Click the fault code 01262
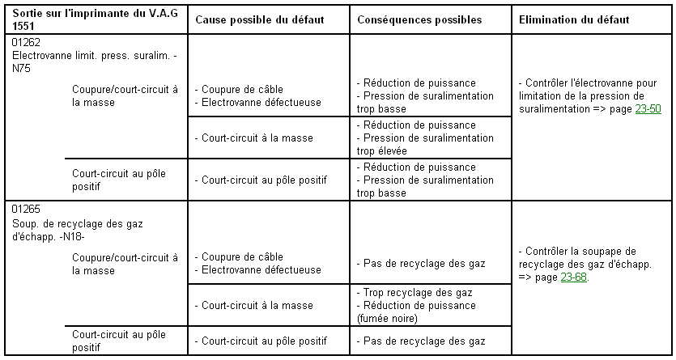(27, 42)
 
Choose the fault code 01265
(27, 209)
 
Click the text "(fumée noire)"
(387, 318)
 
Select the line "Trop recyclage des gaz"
(418, 292)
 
